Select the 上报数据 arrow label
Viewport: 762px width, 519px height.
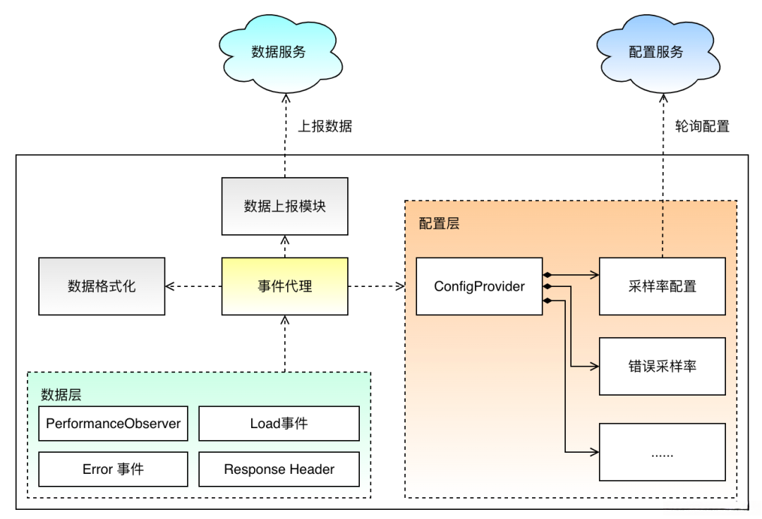click(x=325, y=127)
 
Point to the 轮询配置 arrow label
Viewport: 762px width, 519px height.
click(x=702, y=127)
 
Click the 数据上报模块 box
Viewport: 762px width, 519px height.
click(x=284, y=206)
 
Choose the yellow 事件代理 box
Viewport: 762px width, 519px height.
click(x=284, y=286)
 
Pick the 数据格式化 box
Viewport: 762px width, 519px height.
click(x=102, y=286)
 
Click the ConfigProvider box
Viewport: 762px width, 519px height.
click(x=479, y=286)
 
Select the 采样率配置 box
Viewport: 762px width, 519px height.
click(x=662, y=286)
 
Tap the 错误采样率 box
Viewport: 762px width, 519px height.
click(x=662, y=366)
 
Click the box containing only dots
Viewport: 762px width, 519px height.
click(x=662, y=452)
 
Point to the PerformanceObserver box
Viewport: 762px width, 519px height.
click(x=113, y=424)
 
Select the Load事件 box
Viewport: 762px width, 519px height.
click(x=279, y=424)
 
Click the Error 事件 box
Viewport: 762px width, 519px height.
click(x=113, y=469)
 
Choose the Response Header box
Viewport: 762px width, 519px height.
click(x=279, y=469)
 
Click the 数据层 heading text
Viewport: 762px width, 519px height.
click(x=61, y=395)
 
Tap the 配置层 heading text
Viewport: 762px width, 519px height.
click(x=439, y=224)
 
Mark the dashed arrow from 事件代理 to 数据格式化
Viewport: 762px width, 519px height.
click(x=193, y=286)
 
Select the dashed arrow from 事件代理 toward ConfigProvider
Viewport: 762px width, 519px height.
click(x=375, y=286)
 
